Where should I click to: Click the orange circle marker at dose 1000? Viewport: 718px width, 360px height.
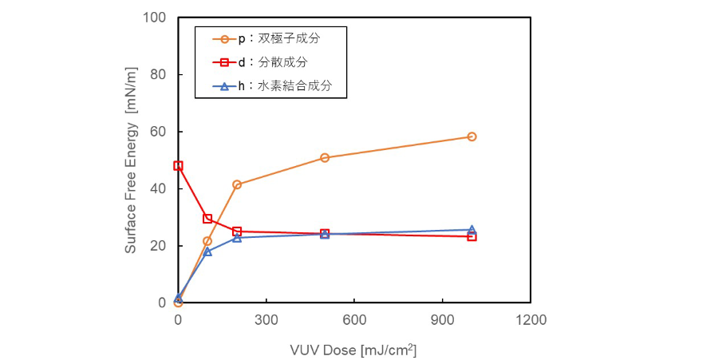click(471, 136)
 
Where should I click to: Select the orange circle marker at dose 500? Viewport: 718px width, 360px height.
click(325, 158)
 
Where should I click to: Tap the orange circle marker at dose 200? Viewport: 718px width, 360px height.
click(237, 184)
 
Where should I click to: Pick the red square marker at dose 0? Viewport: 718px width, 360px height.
click(178, 166)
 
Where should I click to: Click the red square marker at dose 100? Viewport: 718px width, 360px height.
click(207, 219)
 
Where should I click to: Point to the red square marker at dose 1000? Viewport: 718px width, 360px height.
click(471, 236)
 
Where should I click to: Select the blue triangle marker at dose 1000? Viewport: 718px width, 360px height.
click(471, 229)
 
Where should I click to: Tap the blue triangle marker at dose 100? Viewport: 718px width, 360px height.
click(207, 251)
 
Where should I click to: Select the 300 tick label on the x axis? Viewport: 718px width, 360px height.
click(266, 319)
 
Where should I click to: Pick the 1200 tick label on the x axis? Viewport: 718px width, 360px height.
click(531, 319)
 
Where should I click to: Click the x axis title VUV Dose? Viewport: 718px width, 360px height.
click(353, 349)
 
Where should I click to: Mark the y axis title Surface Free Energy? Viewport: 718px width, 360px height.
click(131, 160)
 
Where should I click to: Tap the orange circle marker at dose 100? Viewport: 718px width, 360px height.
click(207, 241)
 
